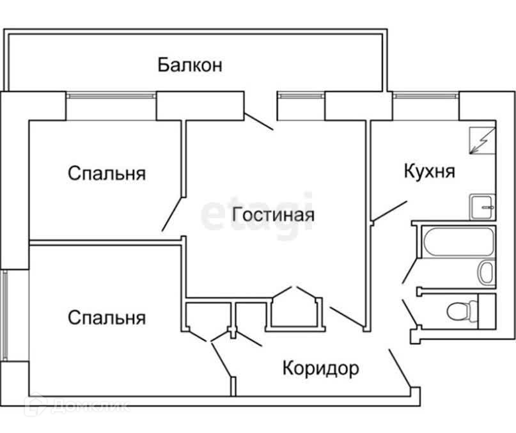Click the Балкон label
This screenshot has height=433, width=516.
click(190, 65)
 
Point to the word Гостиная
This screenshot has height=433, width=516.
click(273, 214)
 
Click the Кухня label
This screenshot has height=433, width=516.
click(429, 171)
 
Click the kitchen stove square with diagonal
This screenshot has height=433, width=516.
click(481, 140)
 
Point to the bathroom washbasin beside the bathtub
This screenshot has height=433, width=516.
click(487, 272)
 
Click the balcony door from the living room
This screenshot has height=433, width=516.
click(260, 121)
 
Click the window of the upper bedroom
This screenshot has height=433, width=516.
click(111, 97)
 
